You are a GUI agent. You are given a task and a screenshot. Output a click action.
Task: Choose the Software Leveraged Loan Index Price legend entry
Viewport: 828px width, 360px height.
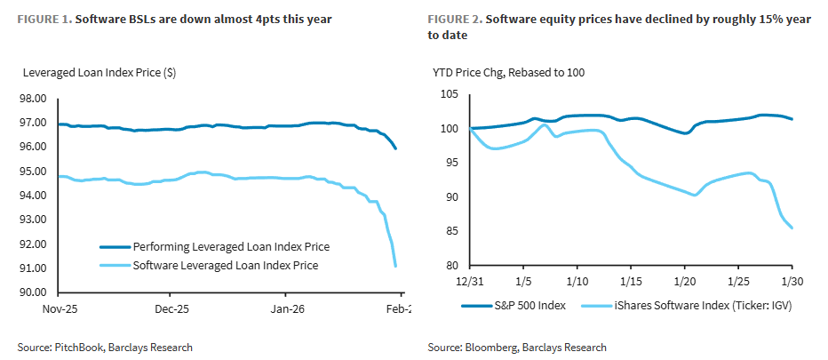[x=225, y=265]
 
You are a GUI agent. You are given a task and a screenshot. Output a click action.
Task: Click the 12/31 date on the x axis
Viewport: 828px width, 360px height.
[x=469, y=283]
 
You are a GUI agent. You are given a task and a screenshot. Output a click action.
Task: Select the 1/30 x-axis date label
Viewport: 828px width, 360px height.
[x=792, y=283]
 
